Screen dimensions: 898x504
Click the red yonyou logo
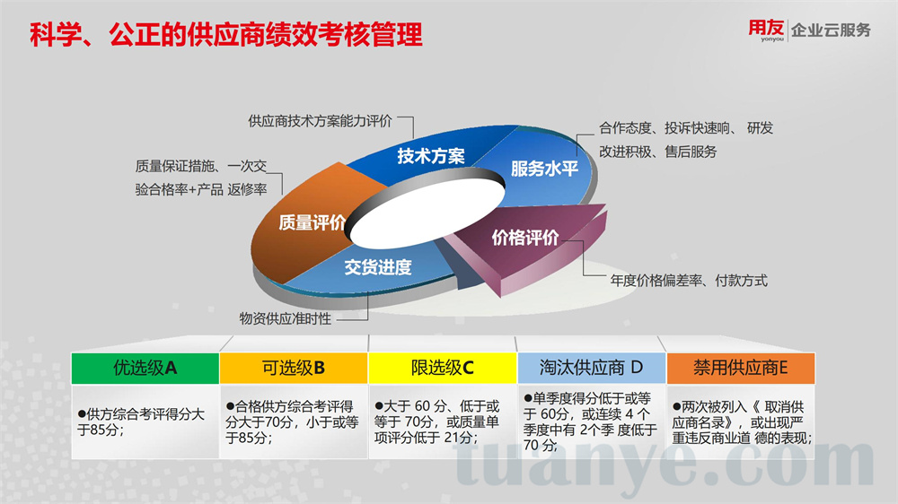tap(766, 30)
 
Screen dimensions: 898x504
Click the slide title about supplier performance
tap(225, 35)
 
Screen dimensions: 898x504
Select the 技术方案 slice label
tap(431, 156)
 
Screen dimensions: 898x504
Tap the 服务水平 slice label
tap(544, 169)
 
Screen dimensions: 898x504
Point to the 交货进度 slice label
tap(378, 267)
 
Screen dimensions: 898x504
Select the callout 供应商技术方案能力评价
tap(321, 121)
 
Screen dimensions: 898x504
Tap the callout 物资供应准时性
tap(286, 318)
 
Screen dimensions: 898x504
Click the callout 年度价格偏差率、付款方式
tap(689, 281)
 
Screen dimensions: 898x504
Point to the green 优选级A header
tap(145, 368)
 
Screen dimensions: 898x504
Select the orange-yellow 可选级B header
tap(294, 368)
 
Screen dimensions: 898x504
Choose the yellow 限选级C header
tap(442, 368)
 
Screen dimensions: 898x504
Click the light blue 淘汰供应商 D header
tap(591, 368)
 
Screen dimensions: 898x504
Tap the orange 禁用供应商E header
tap(741, 368)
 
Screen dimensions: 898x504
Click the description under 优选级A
tap(141, 421)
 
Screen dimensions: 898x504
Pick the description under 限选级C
tap(437, 421)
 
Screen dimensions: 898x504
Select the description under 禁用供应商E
tap(742, 422)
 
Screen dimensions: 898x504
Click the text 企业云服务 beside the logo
tap(831, 30)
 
